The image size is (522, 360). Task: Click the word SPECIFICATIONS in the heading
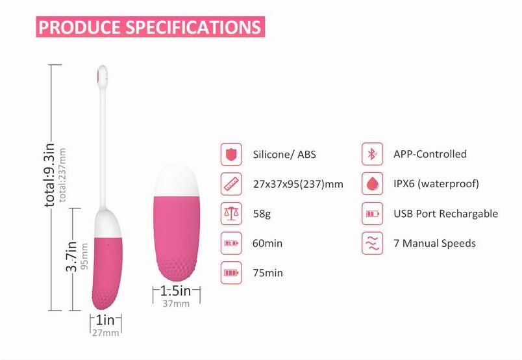193,27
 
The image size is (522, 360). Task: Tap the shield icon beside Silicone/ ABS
231,155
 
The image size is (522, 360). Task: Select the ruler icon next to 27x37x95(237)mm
231,184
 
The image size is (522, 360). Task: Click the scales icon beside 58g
231,213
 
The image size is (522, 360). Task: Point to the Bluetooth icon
372,154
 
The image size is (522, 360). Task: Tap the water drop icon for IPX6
372,184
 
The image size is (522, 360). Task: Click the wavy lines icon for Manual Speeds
372,243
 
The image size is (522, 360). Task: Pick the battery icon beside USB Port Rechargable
372,213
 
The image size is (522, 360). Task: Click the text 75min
267,273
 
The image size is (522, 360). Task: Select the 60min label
267,243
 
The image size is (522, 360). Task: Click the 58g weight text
262,214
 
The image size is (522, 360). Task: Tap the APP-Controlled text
430,154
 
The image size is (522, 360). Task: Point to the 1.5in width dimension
176,290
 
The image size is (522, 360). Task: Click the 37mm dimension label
176,303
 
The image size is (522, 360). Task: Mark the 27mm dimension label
106,333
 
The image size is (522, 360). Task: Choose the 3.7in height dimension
71,257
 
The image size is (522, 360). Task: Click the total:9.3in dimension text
49,175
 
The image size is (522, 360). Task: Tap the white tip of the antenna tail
103,75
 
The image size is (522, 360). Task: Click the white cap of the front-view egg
177,181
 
